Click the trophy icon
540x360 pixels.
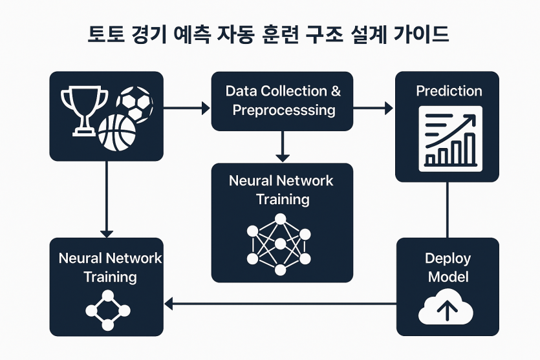point(84,111)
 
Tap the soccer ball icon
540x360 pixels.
point(135,104)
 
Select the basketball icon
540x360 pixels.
point(117,133)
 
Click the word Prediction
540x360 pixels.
point(449,91)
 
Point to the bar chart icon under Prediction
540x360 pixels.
point(451,139)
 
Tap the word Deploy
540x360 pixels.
point(448,259)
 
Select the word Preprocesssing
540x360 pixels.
point(284,111)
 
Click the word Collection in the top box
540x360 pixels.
point(294,91)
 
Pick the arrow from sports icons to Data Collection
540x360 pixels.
point(187,108)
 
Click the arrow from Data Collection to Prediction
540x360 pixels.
point(373,108)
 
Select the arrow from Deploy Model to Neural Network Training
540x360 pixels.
point(280,304)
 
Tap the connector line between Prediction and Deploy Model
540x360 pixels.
point(447,209)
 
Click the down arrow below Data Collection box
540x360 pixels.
point(283,146)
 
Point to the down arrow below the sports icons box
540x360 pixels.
point(107,199)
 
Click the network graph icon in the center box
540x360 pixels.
point(279,245)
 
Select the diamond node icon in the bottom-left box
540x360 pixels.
point(108,310)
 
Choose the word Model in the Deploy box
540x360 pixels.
point(448,277)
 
